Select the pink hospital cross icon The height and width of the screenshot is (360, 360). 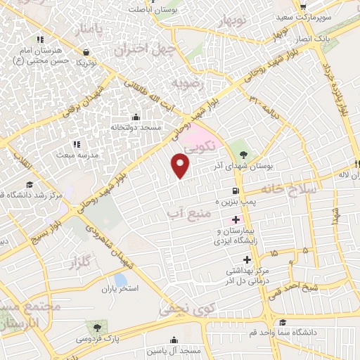coord(235,219)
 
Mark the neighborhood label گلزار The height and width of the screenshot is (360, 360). coord(82,263)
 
